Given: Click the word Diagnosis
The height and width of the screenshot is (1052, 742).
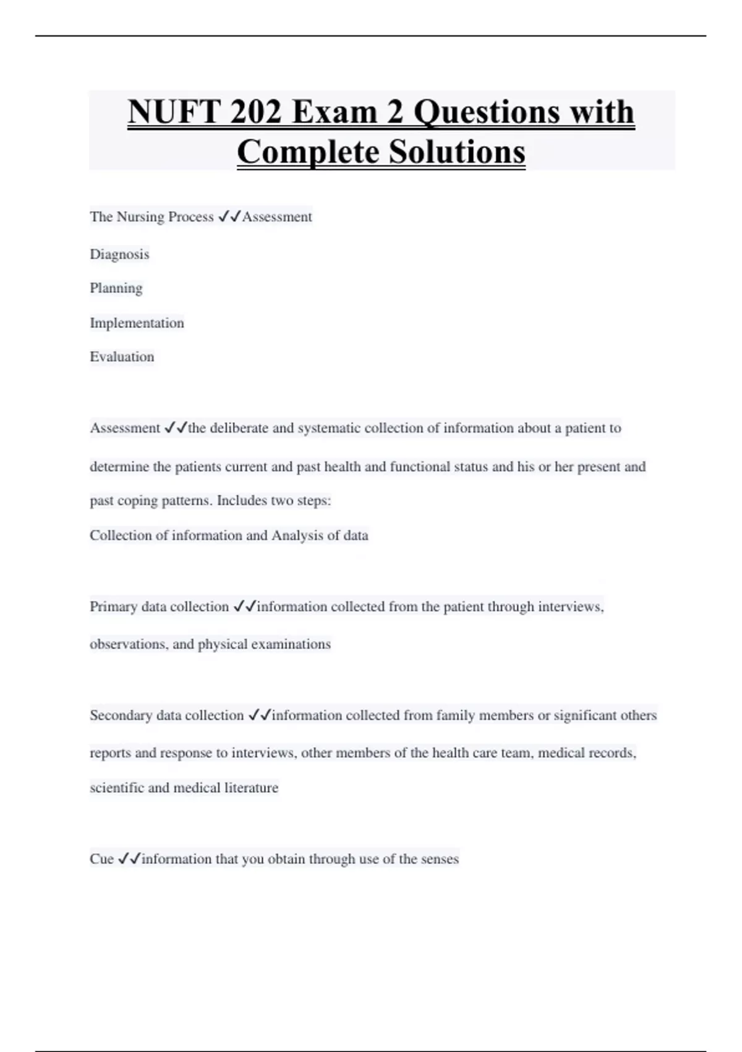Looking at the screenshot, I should coord(119,254).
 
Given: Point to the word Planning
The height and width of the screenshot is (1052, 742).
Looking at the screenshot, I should coord(116,288).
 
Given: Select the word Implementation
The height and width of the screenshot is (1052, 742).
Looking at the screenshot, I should coord(137,323).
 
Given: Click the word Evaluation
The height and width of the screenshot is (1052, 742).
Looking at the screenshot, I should coord(122,357).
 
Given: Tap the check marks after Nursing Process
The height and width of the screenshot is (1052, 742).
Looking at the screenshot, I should coord(229,217).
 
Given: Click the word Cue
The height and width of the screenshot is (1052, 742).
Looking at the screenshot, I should coord(101,859).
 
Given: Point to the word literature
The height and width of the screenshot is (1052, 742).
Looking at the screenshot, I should coord(251,788).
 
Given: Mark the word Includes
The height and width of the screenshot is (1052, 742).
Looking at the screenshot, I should coord(242,501).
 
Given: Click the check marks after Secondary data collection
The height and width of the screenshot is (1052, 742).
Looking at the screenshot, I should coord(260,715).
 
